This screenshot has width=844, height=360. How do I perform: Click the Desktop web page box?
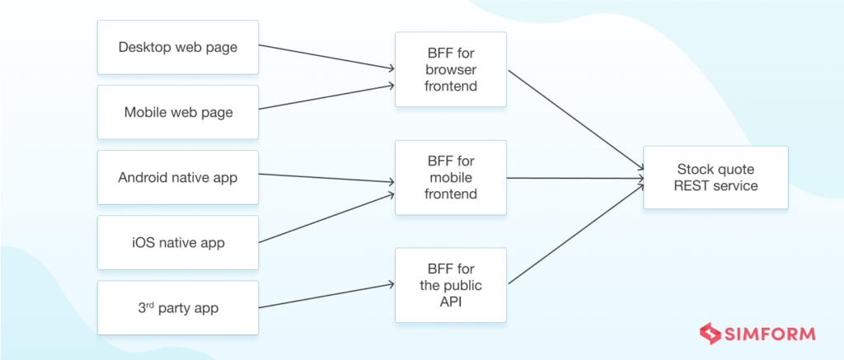coord(178,47)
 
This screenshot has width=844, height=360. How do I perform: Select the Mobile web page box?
coord(178,112)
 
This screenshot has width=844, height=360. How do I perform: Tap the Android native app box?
coord(178,177)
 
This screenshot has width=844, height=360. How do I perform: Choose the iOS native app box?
coord(178,242)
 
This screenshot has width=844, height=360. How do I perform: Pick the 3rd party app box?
coord(178,308)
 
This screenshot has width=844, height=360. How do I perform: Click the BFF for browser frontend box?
coord(450,70)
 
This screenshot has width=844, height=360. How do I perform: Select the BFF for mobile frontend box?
coord(450,178)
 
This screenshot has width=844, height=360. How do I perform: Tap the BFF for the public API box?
coord(450,286)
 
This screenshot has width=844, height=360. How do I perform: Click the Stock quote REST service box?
coord(715,178)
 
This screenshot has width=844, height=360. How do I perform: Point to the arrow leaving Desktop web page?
coord(326,57)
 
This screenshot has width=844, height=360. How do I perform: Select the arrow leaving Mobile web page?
coord(326,96)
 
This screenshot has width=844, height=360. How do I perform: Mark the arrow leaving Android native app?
coord(326,179)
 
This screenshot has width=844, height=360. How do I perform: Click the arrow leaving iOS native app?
coord(326,218)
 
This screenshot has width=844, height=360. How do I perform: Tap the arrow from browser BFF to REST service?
coord(575,121)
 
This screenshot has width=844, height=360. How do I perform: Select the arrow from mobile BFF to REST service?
coord(575,178)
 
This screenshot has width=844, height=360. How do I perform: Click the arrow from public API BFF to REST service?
coord(575,235)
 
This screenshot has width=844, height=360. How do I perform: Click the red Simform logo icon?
coord(710,334)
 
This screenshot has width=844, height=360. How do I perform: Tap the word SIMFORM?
coord(770,334)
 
